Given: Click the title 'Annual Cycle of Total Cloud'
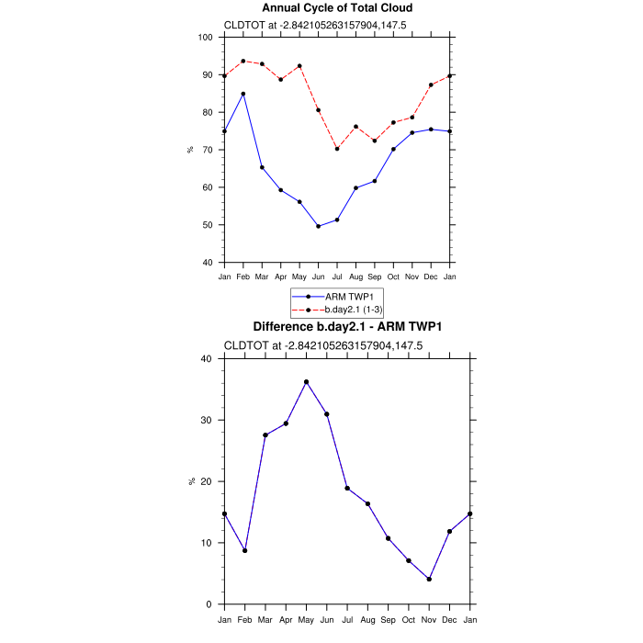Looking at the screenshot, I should (x=337, y=8).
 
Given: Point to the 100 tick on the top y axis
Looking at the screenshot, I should (x=206, y=38).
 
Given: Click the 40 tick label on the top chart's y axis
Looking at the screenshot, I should (x=207, y=263).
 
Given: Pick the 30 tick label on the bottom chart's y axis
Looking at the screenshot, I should (x=207, y=421).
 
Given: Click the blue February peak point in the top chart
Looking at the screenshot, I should (x=243, y=94).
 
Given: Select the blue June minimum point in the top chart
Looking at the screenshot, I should (x=319, y=226).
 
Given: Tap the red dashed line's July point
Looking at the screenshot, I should (x=337, y=149).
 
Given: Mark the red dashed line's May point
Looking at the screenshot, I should (x=299, y=66).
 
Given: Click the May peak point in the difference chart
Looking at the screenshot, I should (x=307, y=382).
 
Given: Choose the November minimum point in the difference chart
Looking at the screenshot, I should (x=429, y=579).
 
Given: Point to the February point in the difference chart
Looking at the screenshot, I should (x=244, y=550).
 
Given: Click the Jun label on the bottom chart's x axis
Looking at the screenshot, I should (x=327, y=619).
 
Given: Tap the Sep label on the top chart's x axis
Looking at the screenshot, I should (x=375, y=276).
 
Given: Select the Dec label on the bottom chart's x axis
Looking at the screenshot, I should (x=450, y=619).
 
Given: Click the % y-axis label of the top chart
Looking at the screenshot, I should (x=191, y=150).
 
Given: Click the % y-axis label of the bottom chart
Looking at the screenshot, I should (x=191, y=481).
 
